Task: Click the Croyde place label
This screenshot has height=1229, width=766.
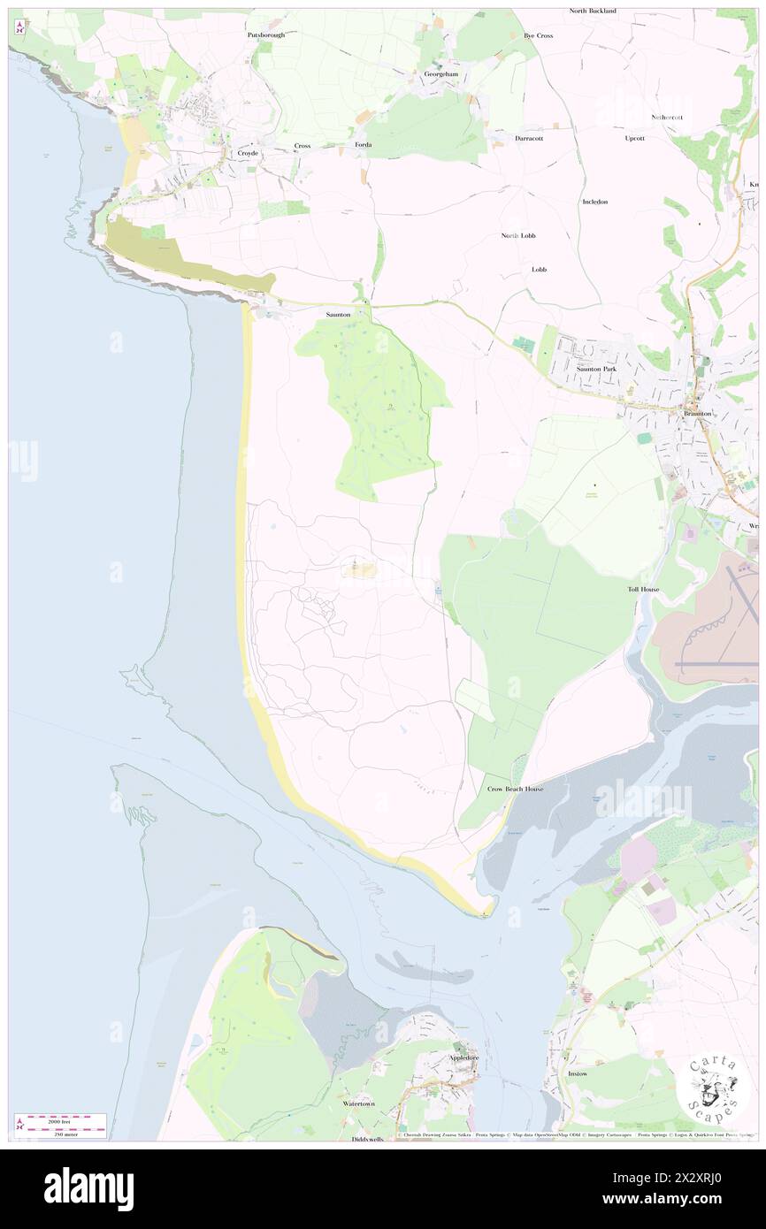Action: tap(248, 153)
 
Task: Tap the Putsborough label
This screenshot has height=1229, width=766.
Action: tap(265, 34)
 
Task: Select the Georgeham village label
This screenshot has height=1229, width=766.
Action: tap(441, 74)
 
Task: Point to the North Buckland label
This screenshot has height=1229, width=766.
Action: tap(593, 11)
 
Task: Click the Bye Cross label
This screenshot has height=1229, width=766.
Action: tap(538, 35)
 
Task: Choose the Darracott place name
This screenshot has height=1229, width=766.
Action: tap(530, 138)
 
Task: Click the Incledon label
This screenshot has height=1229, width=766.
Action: tap(594, 202)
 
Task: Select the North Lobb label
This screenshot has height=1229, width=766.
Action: tap(519, 235)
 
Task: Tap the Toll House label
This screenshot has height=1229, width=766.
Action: tap(643, 589)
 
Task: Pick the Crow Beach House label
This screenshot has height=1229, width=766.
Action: tap(516, 788)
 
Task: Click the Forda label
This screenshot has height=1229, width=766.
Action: tap(363, 144)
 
